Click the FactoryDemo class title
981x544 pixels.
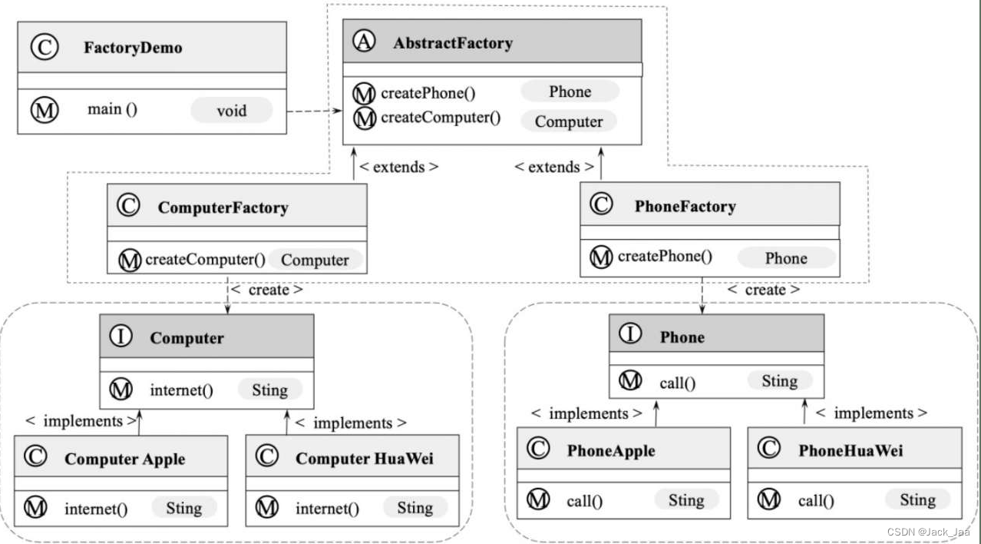tap(132, 48)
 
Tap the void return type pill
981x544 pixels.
tap(231, 110)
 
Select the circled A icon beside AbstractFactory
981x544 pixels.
tap(364, 42)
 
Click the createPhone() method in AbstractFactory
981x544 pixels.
tap(428, 94)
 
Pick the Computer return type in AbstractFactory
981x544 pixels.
tap(569, 121)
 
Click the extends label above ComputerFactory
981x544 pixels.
tap(398, 167)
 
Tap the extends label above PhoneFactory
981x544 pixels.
tap(553, 167)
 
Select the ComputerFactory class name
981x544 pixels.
tap(223, 207)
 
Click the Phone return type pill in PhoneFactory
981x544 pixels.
tap(786, 258)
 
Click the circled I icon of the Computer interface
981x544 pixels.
tap(121, 337)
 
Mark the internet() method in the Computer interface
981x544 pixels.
tap(181, 390)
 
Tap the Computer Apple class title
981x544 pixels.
tap(124, 459)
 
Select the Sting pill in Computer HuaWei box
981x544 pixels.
tap(415, 507)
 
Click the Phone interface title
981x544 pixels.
tap(682, 337)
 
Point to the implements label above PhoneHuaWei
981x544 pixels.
tap(870, 413)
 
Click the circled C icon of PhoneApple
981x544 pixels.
tap(539, 449)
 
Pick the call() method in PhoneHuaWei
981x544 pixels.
tap(815, 502)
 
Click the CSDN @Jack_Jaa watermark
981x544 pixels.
tap(928, 532)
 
